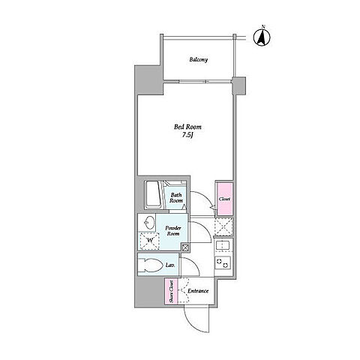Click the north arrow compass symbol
pyautogui.click(x=262, y=37)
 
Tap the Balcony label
pyautogui.click(x=199, y=60)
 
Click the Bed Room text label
pyautogui.click(x=187, y=127)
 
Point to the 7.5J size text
pyautogui.click(x=188, y=135)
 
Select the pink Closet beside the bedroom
pyautogui.click(x=225, y=199)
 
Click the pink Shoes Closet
pyautogui.click(x=171, y=292)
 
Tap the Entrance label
pyautogui.click(x=198, y=291)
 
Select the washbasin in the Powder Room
pyautogui.click(x=149, y=222)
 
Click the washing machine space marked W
pyautogui.click(x=149, y=241)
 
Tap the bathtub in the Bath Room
pyautogui.click(x=153, y=195)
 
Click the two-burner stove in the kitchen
pyautogui.click(x=223, y=262)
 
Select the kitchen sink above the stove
pyautogui.click(x=223, y=246)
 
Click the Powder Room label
pyautogui.click(x=173, y=231)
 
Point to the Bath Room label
pyautogui.click(x=176, y=198)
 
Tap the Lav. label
pyautogui.click(x=169, y=265)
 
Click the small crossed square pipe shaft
pyautogui.click(x=185, y=247)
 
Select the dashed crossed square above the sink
pyautogui.click(x=223, y=227)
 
